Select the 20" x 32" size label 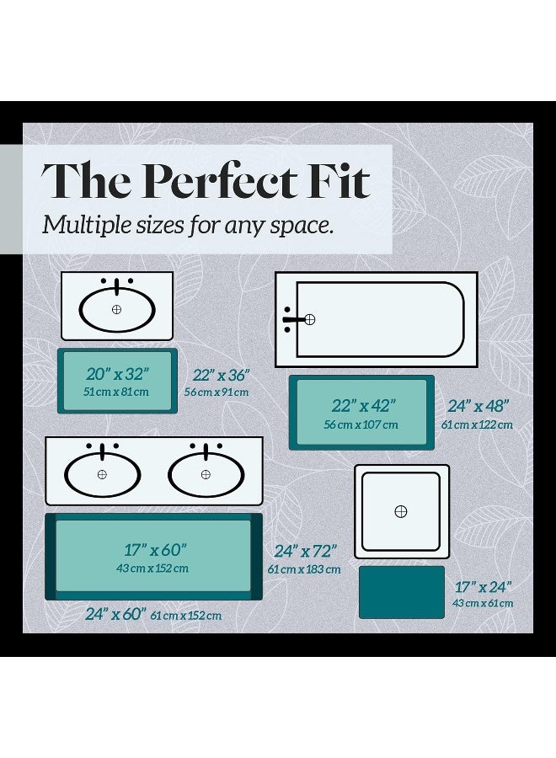click(117, 374)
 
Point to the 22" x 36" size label click(221, 375)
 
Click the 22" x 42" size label click(364, 406)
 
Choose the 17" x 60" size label click(155, 550)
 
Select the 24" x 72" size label click(306, 551)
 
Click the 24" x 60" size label click(115, 614)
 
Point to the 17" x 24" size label click(483, 587)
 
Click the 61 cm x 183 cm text click(304, 569)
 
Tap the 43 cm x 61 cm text click(483, 603)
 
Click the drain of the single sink click(116, 309)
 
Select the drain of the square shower click(401, 511)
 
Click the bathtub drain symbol click(309, 319)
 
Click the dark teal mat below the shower click(401, 592)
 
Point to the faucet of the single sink click(116, 286)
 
